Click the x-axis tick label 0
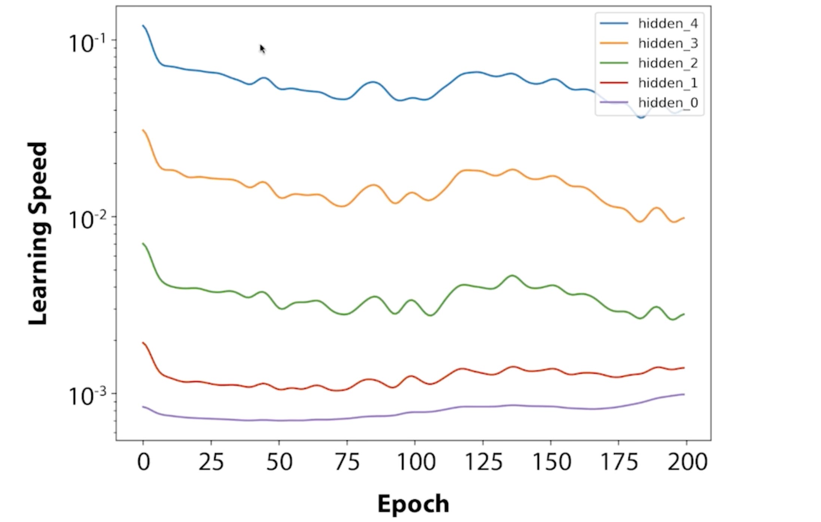[144, 462]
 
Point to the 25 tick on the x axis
[211, 462]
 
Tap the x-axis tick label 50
[279, 462]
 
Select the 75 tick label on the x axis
[347, 462]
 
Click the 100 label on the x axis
[416, 462]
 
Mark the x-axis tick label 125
[483, 462]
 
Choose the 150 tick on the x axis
[552, 462]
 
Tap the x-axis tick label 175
[619, 462]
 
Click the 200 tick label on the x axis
[687, 462]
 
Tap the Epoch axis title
[413, 504]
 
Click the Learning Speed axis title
[38, 233]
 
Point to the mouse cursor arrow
[262, 49]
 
